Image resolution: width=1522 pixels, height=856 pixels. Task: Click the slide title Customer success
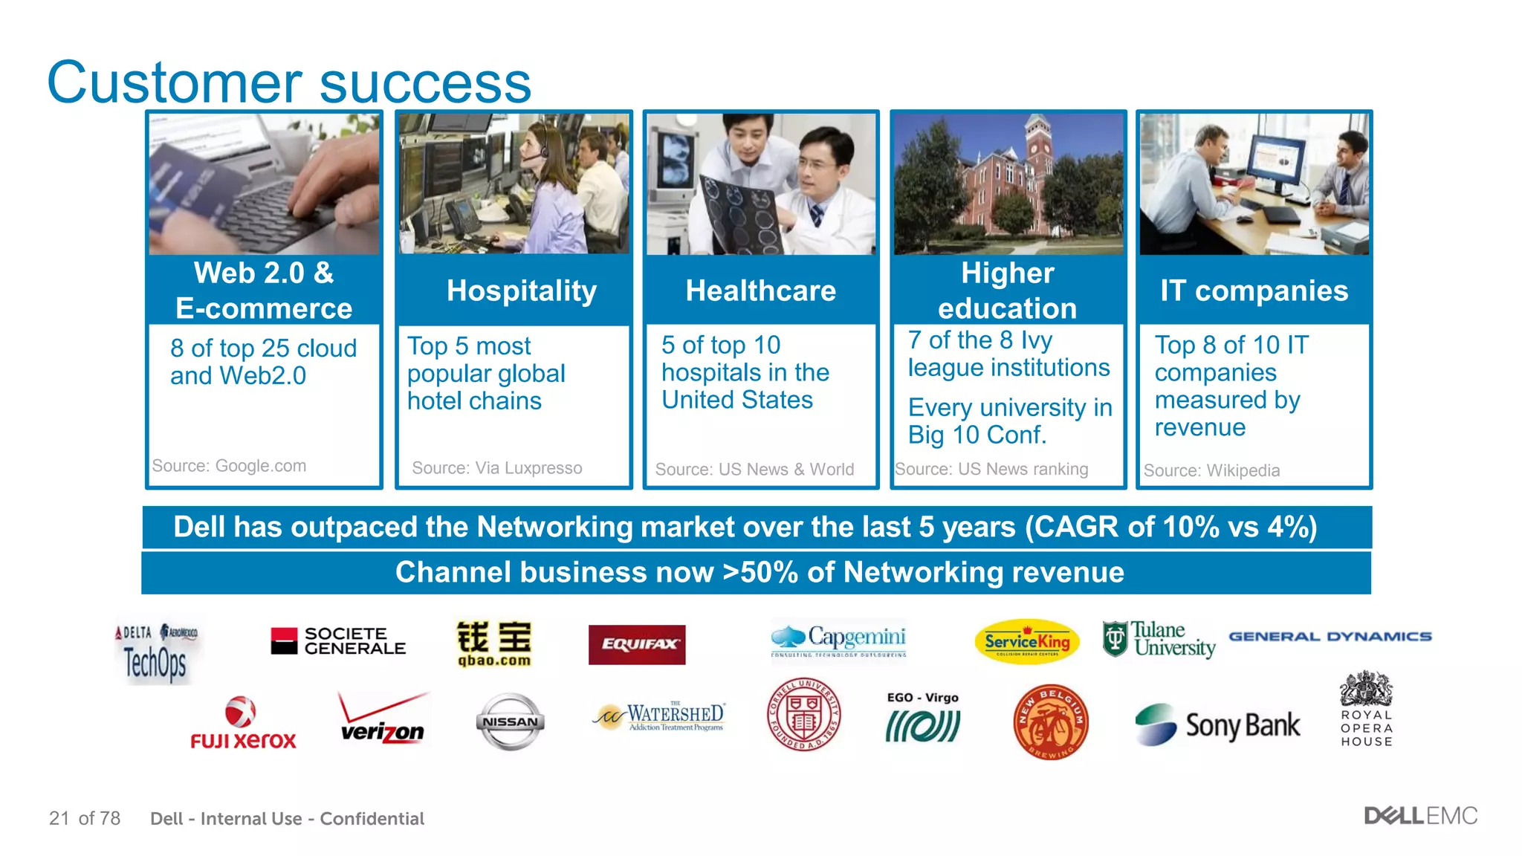(289, 82)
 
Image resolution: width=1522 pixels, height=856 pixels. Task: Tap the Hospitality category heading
(521, 291)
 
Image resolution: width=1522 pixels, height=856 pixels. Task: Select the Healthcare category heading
(760, 291)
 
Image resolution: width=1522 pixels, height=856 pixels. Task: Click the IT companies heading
(1254, 291)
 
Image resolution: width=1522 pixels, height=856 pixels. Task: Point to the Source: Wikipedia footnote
(1211, 470)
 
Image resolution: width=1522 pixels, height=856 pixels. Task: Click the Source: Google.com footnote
(229, 466)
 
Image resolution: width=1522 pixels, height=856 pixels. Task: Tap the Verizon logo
(382, 719)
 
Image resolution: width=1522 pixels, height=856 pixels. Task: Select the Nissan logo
(510, 722)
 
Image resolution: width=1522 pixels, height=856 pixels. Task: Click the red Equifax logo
(637, 644)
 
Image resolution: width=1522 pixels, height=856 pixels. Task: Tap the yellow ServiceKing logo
(1027, 641)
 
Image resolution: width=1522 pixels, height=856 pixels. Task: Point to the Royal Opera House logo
(1366, 710)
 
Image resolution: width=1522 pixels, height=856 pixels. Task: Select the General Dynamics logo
(1330, 637)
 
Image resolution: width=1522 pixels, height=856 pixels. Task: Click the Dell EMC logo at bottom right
(1420, 816)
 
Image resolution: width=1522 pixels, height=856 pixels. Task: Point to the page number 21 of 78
(85, 818)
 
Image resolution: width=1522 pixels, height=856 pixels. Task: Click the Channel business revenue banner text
(759, 572)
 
